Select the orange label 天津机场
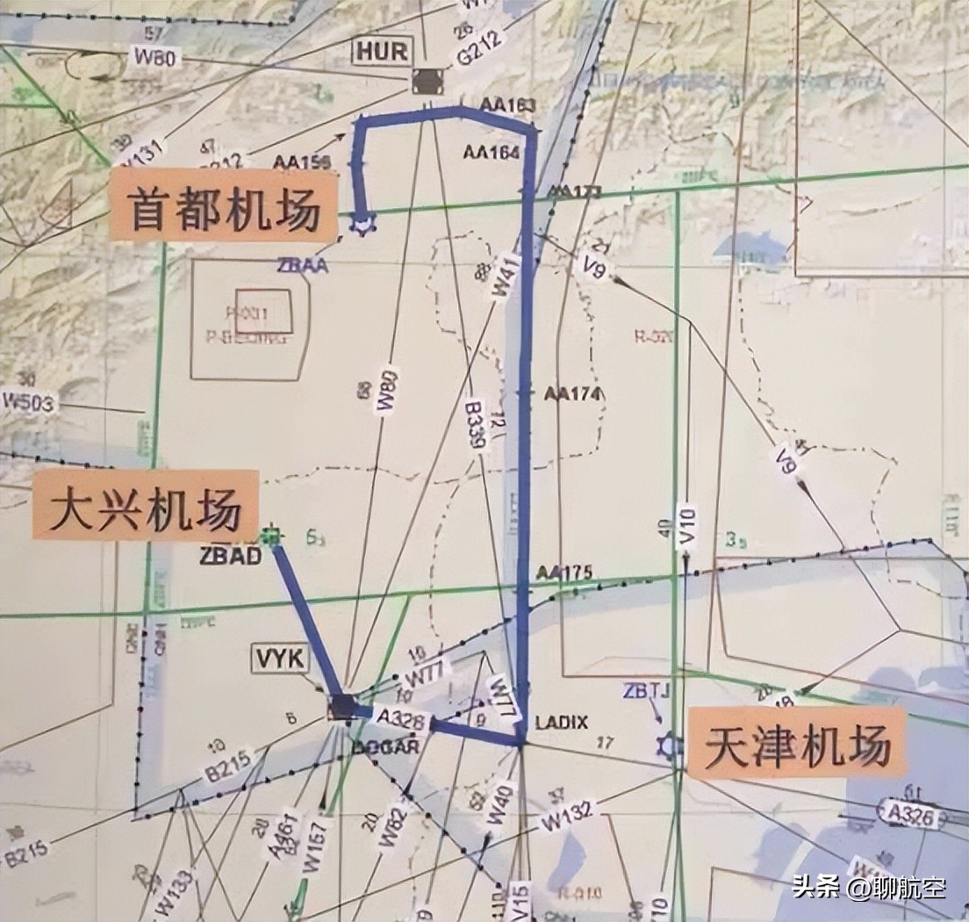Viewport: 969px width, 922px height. point(797,743)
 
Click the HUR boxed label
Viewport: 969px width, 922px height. point(382,51)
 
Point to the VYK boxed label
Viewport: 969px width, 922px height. point(279,658)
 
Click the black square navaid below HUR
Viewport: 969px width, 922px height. point(427,82)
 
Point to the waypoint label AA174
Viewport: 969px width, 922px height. point(572,394)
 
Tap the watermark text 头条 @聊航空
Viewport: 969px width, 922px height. point(868,887)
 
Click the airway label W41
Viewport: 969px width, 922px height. point(505,277)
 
